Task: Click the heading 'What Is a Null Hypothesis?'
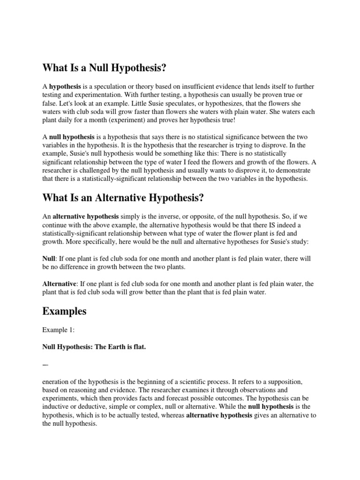105,68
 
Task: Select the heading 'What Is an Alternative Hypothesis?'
123,198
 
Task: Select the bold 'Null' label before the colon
49,259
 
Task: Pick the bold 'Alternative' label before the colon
60,284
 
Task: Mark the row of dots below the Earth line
45,364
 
